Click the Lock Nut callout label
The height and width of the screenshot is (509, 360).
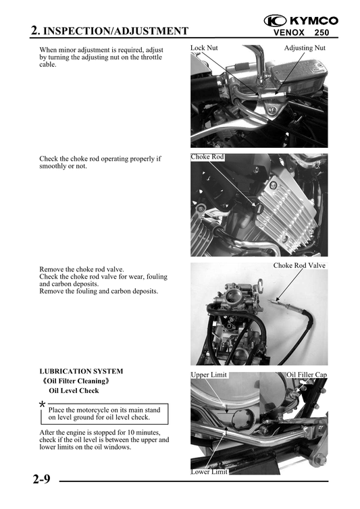[204, 49]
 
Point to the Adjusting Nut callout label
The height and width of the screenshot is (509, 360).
[305, 49]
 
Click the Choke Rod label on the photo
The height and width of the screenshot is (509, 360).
[207, 157]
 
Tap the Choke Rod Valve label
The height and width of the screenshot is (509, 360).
[299, 265]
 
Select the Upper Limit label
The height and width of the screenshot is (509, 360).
[209, 375]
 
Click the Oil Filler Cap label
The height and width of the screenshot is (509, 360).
[307, 375]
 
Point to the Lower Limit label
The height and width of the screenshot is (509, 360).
[209, 473]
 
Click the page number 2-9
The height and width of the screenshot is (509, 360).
[41, 480]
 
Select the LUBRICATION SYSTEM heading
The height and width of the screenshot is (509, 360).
[81, 371]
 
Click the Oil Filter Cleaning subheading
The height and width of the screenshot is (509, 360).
[76, 381]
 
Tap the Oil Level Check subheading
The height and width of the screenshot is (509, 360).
[74, 390]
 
